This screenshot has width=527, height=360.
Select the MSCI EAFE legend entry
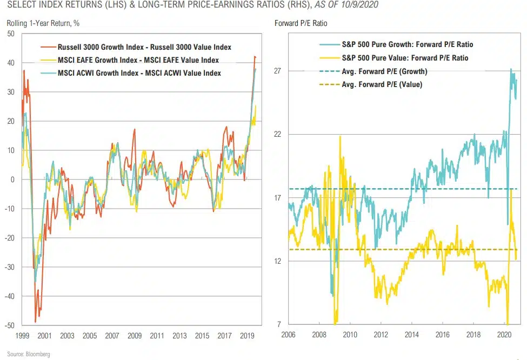tap(138, 60)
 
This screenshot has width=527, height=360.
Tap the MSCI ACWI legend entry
tap(139, 73)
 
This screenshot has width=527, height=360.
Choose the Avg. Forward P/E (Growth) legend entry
tap(384, 71)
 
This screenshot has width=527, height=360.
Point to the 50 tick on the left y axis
tap(10, 34)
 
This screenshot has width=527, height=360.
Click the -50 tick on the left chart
tap(9, 325)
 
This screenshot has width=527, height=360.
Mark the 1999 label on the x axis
tap(22, 335)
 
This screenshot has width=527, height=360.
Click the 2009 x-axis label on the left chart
tap(135, 335)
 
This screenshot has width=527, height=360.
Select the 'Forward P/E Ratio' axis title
tap(301, 23)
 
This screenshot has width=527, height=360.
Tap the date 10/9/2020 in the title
tap(359, 5)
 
